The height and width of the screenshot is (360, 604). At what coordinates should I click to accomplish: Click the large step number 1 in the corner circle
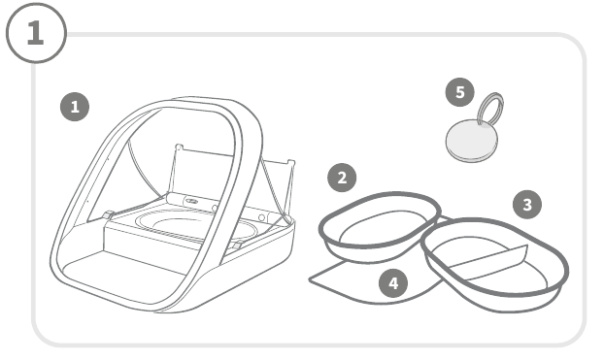[36, 32]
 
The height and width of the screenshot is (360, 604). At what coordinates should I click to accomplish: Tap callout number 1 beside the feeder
[75, 107]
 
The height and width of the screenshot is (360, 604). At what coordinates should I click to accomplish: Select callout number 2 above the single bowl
[342, 178]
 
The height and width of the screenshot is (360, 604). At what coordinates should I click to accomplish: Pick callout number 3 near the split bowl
[527, 205]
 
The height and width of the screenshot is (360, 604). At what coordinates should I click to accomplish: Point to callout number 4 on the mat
[393, 283]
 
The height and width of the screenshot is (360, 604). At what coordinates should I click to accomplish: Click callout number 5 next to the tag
[460, 92]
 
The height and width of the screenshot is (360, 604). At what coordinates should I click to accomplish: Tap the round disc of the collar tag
[472, 141]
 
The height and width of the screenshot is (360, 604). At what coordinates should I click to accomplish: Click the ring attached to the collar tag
[490, 108]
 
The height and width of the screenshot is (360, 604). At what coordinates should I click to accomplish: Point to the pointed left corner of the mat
[310, 279]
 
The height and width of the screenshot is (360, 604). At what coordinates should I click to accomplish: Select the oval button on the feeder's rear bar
[191, 201]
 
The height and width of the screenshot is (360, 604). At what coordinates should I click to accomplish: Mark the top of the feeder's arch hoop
[200, 101]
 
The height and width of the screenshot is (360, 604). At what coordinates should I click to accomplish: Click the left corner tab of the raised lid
[179, 147]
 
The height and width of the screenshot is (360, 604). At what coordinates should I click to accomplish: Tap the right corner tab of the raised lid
[291, 162]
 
